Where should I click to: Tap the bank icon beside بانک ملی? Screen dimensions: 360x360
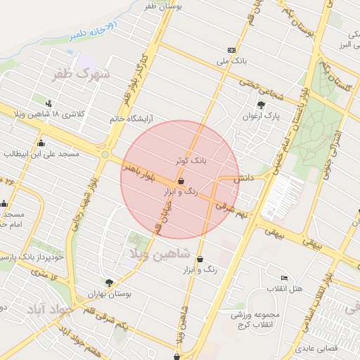click(231, 49)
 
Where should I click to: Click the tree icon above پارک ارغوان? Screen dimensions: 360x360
click(261, 104)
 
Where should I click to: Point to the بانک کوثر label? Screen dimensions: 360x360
click(191, 161)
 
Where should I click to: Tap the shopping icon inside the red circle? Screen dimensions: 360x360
click(181, 181)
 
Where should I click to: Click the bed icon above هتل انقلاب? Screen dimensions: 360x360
click(284, 278)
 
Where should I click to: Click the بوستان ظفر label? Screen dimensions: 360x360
click(162, 6)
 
